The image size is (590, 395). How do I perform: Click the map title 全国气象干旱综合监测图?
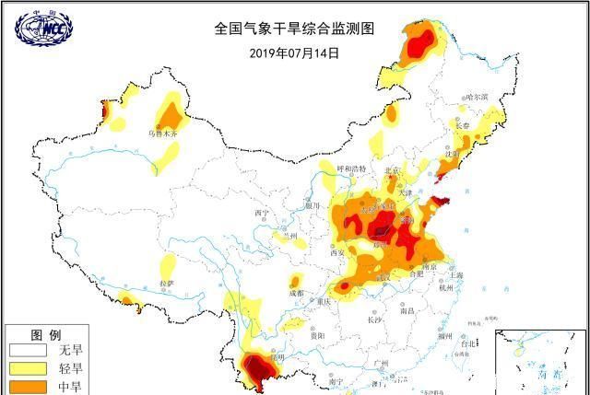tap(295, 28)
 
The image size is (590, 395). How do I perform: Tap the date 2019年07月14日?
tap(294, 52)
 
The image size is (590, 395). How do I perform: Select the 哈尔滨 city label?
tap(475, 96)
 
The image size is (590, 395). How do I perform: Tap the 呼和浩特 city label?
tap(351, 169)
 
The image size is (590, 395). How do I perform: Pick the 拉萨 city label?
tap(167, 282)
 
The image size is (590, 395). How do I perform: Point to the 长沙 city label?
tap(373, 320)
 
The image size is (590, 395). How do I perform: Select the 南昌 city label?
tap(407, 311)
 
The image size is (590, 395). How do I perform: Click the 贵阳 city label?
tap(316, 336)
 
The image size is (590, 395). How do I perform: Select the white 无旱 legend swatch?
tap(28, 351)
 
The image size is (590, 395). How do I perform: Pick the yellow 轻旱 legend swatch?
tap(28, 369)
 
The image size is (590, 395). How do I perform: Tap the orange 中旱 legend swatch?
tap(28, 387)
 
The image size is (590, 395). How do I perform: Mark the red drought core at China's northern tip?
tap(421, 42)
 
